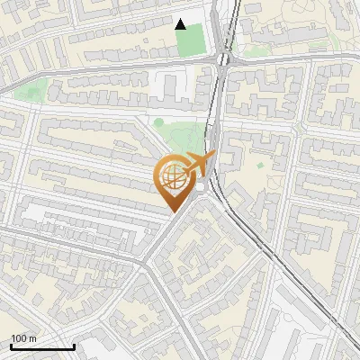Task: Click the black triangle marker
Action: coord(181,24)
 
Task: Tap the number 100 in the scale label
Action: coord(19,338)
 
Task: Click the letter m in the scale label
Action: coord(33,338)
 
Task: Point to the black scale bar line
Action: coord(42,346)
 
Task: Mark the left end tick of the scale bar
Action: coord(11,345)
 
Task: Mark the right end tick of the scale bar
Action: coord(74,345)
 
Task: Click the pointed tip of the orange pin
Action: coord(172,212)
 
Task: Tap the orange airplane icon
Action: coord(198,166)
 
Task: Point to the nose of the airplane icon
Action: coord(213,157)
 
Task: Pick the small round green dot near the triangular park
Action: coord(158,122)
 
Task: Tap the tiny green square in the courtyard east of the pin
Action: coord(260,166)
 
